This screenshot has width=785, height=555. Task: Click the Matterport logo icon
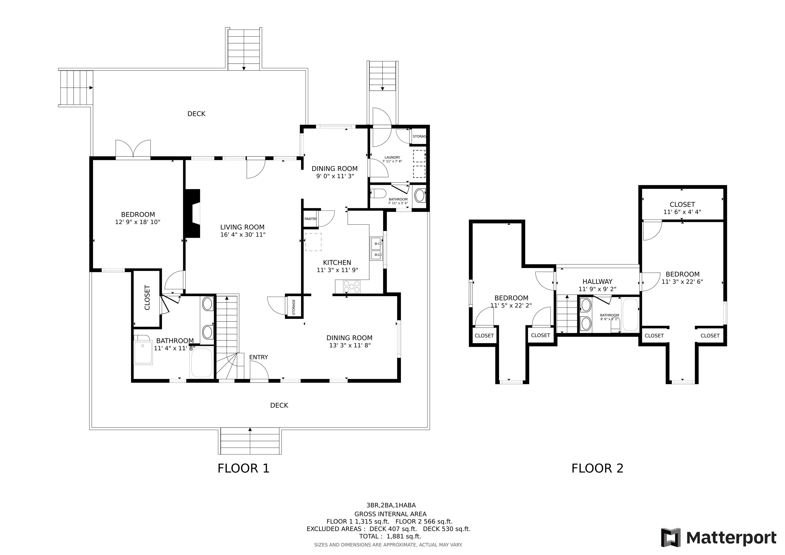[x=671, y=538]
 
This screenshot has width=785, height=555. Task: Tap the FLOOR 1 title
[x=244, y=468]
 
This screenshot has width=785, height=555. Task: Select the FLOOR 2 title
[x=597, y=468]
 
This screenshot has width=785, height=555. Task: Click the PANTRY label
[x=310, y=219]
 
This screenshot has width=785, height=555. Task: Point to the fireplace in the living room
[x=192, y=213]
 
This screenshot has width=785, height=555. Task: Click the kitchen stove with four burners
[x=352, y=286]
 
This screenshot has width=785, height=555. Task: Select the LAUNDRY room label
[x=392, y=158]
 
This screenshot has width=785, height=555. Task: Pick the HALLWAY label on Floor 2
[x=597, y=281]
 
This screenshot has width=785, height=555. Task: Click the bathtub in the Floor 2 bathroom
[x=630, y=315]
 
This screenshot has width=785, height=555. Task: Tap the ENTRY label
[x=259, y=357]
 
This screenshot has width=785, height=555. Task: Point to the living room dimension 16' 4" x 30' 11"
[x=243, y=235]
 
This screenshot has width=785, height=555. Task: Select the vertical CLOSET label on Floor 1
[x=147, y=297]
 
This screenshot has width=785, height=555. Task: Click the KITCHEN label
[x=337, y=263]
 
